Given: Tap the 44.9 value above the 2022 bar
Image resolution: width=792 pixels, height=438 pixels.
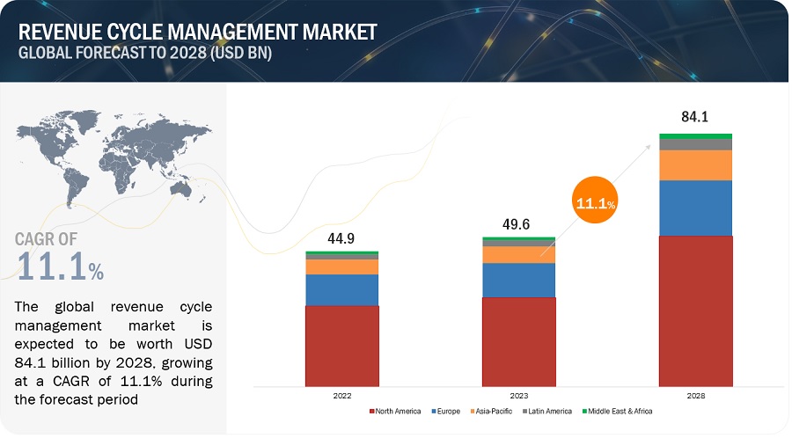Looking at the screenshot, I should coord(341,237).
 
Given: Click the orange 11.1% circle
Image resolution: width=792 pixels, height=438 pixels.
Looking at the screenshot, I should coord(594,203).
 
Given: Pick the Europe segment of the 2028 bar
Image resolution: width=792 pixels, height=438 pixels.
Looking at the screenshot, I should coord(695,208).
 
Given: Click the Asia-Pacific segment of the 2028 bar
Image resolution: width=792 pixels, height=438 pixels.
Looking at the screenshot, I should coord(695,165).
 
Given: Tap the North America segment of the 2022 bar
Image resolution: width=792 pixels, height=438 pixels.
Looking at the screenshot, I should coord(341,346).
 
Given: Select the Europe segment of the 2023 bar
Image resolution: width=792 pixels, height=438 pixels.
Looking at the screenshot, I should coord(518,281).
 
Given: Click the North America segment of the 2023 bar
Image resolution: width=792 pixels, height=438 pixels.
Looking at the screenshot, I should coord(518,341).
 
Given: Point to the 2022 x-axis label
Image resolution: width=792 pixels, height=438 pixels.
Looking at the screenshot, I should coord(341,397).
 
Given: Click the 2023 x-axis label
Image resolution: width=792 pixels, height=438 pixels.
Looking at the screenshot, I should coord(518,397).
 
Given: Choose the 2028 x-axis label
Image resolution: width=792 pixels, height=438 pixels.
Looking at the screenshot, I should coord(695,397).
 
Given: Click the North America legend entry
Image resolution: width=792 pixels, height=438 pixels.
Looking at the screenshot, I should coord(398,412).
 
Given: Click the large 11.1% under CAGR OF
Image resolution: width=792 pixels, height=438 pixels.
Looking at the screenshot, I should coord(60,266).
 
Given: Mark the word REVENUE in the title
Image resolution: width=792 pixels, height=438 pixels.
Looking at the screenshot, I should coord(65,33).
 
